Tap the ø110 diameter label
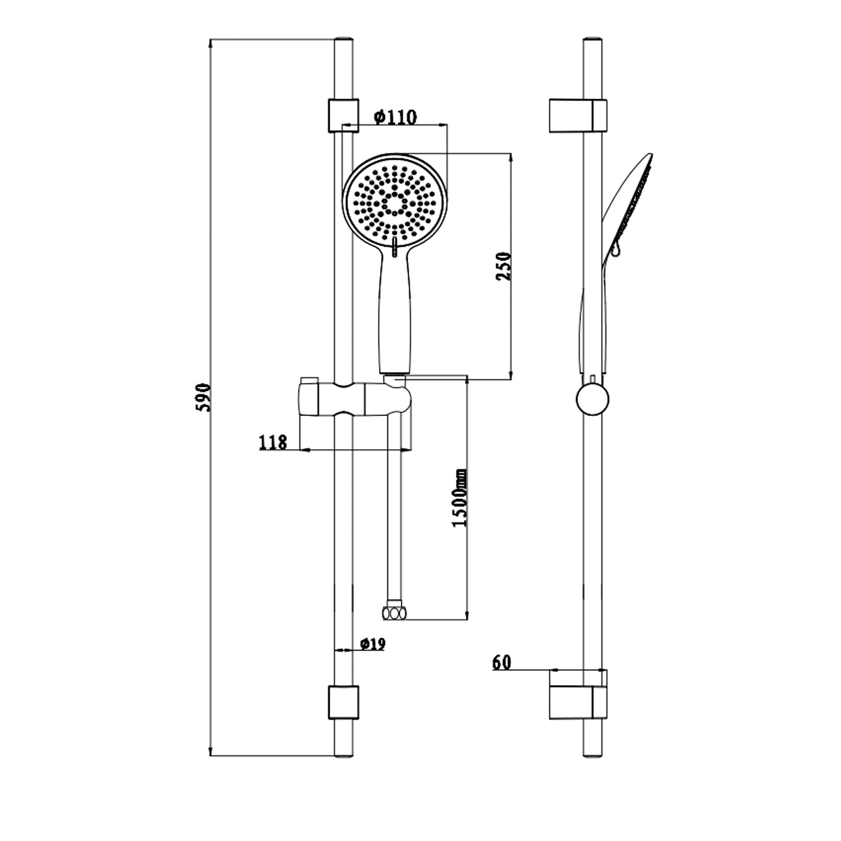click(x=395, y=117)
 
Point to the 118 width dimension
click(x=272, y=442)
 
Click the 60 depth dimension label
click(x=502, y=662)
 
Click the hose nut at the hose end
click(x=393, y=612)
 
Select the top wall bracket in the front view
click(x=342, y=115)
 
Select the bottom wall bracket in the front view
click(x=342, y=701)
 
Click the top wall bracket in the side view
click(x=577, y=116)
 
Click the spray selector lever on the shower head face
click(x=395, y=245)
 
